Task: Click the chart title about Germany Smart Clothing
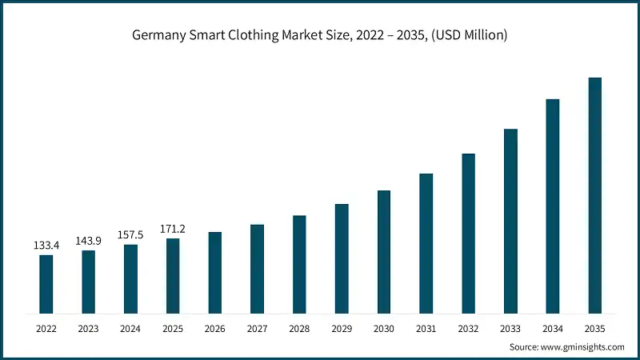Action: click(x=320, y=35)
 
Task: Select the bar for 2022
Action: click(x=46, y=283)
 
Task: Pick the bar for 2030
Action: click(x=384, y=251)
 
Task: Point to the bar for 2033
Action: click(x=510, y=220)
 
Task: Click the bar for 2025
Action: click(x=173, y=275)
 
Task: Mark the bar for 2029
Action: click(x=342, y=258)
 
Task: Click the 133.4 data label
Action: click(x=46, y=245)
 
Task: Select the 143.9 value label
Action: click(x=88, y=241)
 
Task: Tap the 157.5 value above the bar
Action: click(x=130, y=235)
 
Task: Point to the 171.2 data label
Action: click(x=173, y=229)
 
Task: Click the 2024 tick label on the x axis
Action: click(x=130, y=328)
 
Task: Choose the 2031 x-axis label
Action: click(x=426, y=328)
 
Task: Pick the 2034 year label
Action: click(x=552, y=328)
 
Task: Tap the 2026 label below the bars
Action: click(x=215, y=328)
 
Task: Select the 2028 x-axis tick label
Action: click(x=299, y=328)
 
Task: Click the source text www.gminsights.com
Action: click(x=566, y=346)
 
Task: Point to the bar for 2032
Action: click(x=468, y=233)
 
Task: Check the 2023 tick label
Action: click(x=88, y=328)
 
